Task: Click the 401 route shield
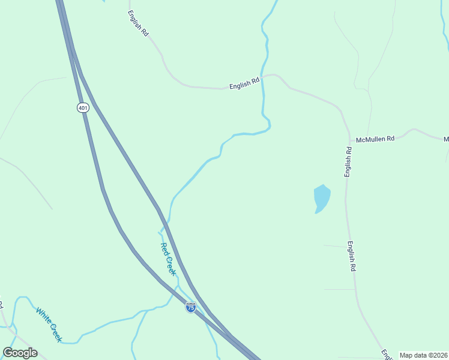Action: pos(82,107)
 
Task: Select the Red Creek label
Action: pos(168,259)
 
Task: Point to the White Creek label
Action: pos(49,325)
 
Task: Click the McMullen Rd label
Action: pos(375,138)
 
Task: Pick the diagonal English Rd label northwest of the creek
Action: pos(138,24)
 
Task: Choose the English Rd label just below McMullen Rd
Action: pos(348,161)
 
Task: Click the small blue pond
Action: pos(321,197)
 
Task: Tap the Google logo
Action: pos(20,353)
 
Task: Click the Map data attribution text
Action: pos(424,355)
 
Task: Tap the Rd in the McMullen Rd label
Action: pos(390,138)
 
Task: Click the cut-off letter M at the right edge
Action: pos(446,139)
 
